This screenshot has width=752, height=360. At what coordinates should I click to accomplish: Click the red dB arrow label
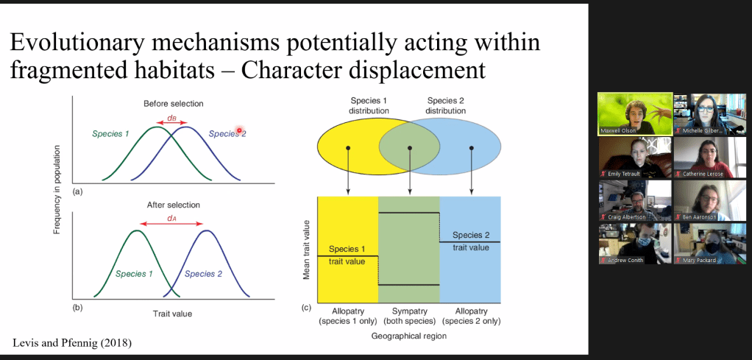171,117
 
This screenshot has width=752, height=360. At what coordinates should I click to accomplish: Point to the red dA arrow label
171,217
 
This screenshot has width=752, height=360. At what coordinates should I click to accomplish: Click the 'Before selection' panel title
174,104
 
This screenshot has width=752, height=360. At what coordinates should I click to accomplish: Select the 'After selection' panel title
173,205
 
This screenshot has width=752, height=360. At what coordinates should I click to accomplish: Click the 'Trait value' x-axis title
172,314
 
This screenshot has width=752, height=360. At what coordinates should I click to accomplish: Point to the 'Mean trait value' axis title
306,250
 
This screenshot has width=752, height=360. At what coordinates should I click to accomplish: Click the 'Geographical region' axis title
409,336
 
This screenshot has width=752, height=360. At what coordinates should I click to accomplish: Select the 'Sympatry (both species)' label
409,316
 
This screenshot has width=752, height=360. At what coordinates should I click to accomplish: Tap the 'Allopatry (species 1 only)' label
349,316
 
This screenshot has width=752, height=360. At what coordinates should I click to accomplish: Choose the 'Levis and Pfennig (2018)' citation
72,343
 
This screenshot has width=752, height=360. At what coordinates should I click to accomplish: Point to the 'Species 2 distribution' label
446,105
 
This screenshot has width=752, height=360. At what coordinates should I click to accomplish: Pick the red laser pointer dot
238,130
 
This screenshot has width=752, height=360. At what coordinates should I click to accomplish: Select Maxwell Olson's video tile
636,114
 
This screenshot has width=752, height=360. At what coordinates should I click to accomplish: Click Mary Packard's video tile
712,244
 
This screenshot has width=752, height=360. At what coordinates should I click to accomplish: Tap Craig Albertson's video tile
636,200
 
